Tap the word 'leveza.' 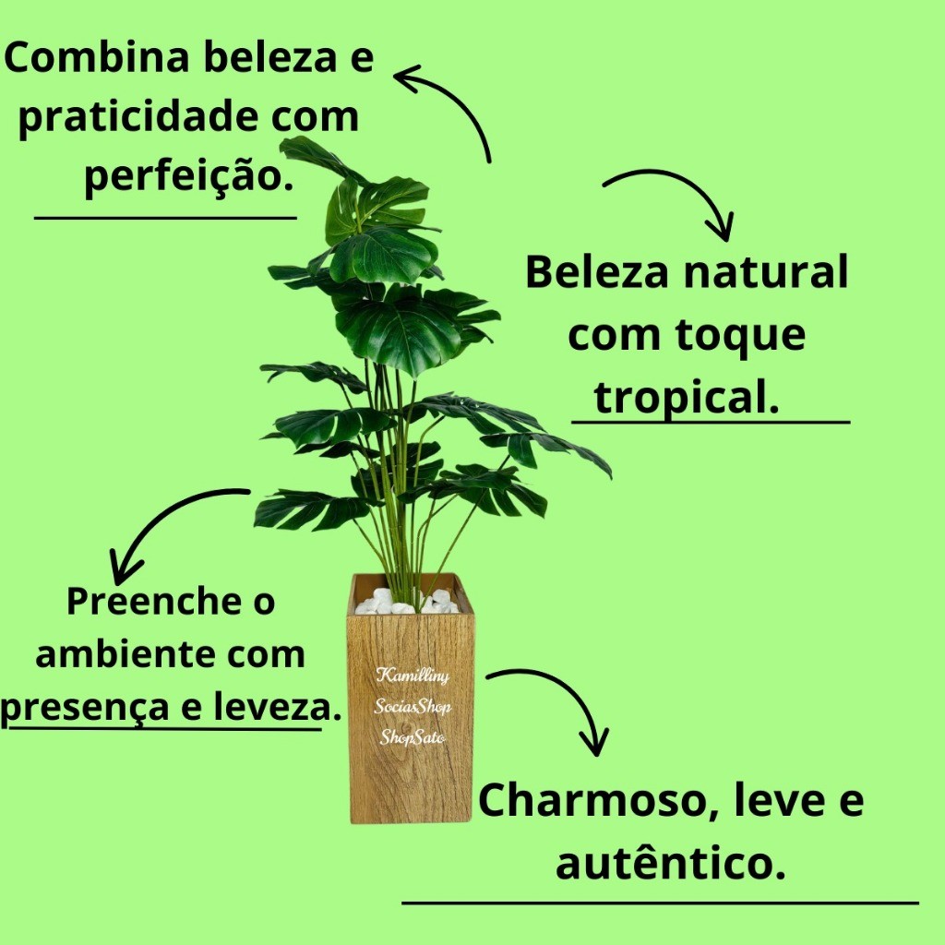point(273,707)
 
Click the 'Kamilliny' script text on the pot point(413,676)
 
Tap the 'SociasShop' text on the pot point(413,707)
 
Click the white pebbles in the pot point(407,602)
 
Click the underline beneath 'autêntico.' point(660,903)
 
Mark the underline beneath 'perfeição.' point(165,218)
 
